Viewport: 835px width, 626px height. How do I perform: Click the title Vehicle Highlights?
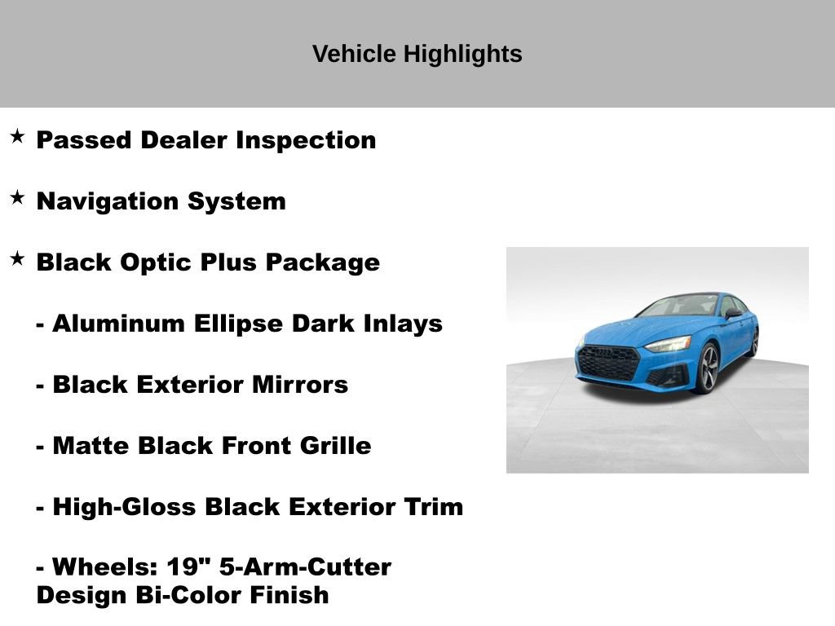pyautogui.click(x=417, y=55)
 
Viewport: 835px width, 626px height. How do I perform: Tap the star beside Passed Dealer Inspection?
pyautogui.click(x=17, y=137)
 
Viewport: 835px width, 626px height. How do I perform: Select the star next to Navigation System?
pyautogui.click(x=17, y=198)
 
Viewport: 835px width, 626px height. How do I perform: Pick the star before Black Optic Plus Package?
pyautogui.click(x=17, y=259)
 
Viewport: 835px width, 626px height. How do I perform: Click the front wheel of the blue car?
pyautogui.click(x=705, y=368)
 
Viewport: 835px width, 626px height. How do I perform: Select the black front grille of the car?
pyautogui.click(x=607, y=363)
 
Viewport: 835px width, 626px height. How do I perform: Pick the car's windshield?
pyautogui.click(x=678, y=306)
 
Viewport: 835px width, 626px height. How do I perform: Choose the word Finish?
pyautogui.click(x=289, y=595)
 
